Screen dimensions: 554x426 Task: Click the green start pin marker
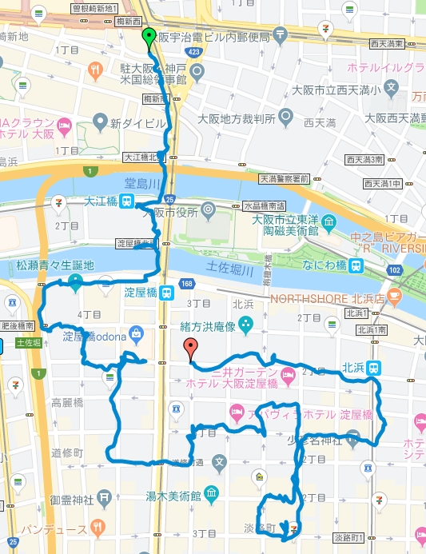click(x=148, y=37)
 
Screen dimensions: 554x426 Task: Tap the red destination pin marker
click(x=189, y=348)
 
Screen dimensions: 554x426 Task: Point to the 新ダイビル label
click(x=137, y=124)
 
